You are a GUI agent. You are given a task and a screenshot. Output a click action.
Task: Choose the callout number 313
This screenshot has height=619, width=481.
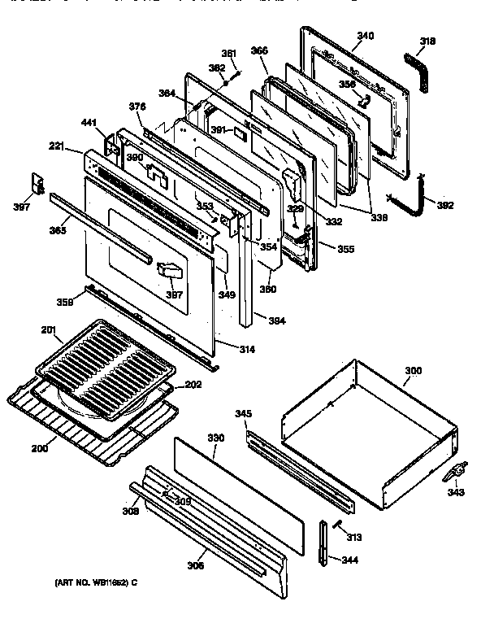(354, 537)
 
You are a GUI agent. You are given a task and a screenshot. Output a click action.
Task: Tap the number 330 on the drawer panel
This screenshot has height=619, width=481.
(214, 438)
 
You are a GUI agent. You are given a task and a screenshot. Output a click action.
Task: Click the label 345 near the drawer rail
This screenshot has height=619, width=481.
(243, 414)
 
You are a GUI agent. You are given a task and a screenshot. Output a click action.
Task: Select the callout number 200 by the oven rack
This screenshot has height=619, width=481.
(37, 448)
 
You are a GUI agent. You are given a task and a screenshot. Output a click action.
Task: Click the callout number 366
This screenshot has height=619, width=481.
(259, 50)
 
